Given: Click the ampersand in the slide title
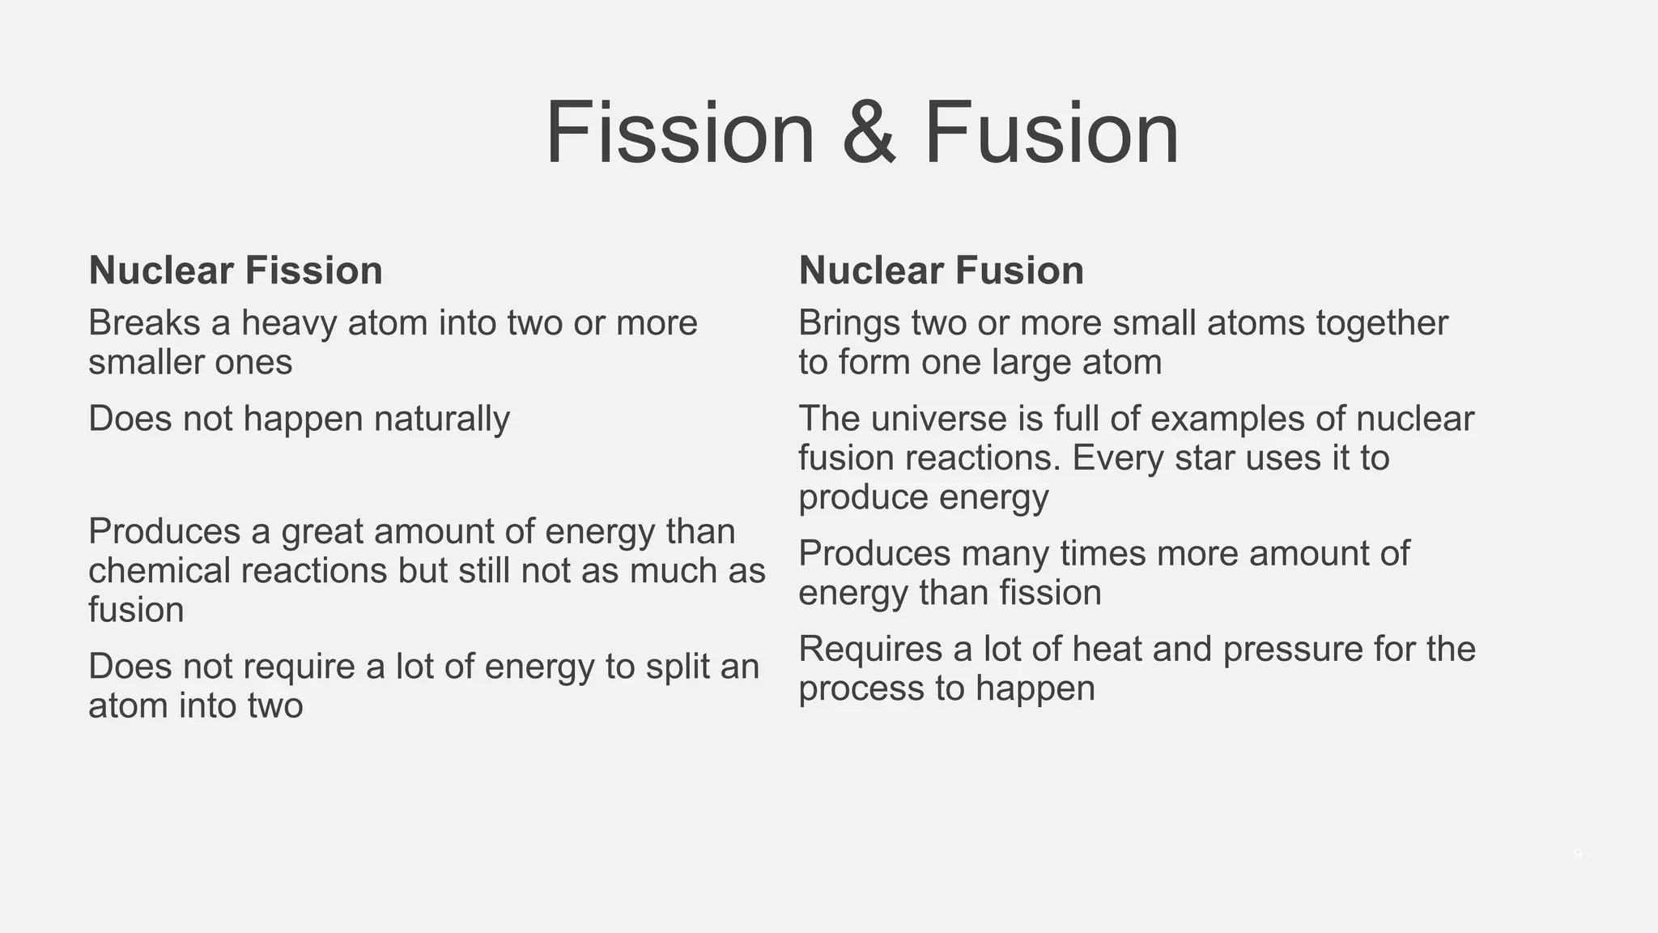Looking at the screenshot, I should [x=869, y=133].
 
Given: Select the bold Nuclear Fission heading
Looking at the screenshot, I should [x=236, y=270].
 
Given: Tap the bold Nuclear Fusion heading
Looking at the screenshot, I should [x=941, y=270].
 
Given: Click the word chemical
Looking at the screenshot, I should [x=158, y=570].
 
